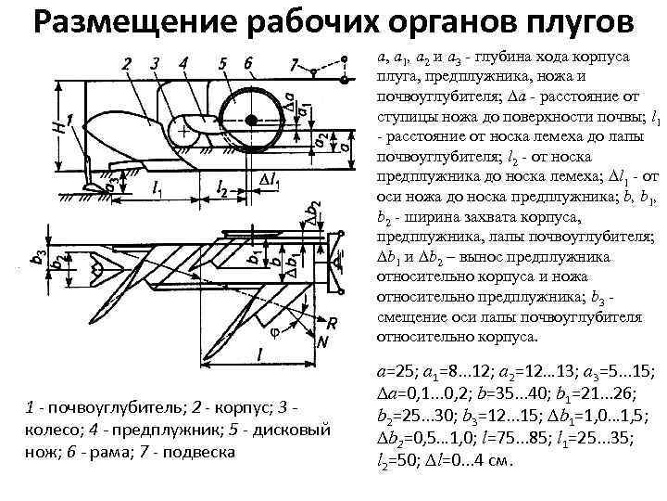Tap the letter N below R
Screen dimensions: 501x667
[x=323, y=341]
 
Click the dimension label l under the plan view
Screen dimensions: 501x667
[x=260, y=355]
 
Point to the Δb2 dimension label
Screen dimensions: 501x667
[x=315, y=216]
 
